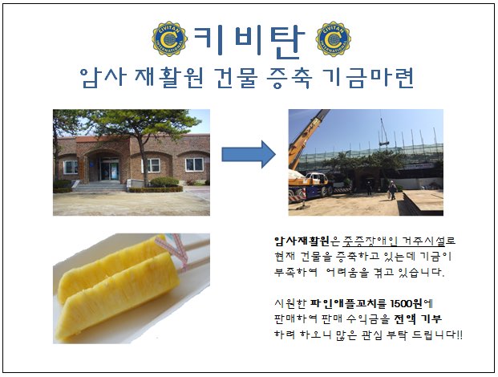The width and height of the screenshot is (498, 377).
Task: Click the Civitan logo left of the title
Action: (169, 39)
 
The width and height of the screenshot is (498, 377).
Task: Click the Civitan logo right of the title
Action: (333, 39)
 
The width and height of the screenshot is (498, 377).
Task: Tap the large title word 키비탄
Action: (249, 41)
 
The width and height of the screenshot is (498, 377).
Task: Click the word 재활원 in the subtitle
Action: (169, 78)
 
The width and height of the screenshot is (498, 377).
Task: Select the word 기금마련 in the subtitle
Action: (368, 78)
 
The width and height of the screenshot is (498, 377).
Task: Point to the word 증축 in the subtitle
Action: (289, 78)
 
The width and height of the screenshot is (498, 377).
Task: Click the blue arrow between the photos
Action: (249, 155)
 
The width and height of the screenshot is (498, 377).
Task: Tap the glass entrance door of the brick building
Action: (109, 169)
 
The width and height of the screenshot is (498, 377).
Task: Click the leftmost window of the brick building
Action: (71, 167)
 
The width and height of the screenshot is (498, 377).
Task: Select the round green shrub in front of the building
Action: (164, 182)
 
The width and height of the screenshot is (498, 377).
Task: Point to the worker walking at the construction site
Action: (392, 190)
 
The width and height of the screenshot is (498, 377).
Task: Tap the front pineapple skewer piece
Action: (117, 298)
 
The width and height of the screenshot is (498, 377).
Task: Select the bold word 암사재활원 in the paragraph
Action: (302, 241)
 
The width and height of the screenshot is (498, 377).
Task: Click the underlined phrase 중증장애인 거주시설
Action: (394, 241)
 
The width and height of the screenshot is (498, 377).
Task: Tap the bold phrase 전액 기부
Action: (418, 319)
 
